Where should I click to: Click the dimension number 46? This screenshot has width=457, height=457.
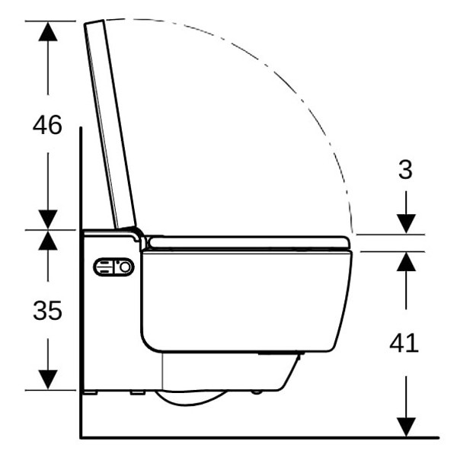[47, 125]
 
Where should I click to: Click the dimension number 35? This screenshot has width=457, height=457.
[47, 311]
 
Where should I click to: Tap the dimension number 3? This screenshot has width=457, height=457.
[405, 170]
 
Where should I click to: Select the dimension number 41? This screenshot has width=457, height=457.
[404, 343]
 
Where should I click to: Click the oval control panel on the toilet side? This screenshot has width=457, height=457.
[113, 267]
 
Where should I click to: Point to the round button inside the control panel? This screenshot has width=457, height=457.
[126, 267]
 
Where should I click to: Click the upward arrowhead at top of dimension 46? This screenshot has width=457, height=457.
[48, 31]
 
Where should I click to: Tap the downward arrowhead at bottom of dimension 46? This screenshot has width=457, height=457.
[48, 219]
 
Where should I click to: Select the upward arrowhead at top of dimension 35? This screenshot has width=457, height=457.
[48, 240]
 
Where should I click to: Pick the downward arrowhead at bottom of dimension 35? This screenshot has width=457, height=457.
[48, 379]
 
